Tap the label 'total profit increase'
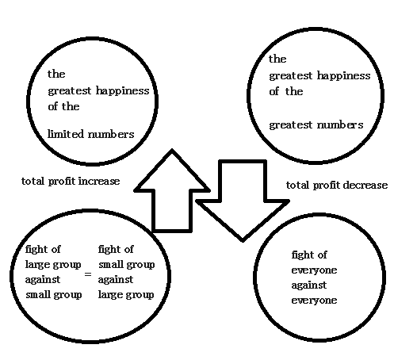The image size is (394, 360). click(x=71, y=182)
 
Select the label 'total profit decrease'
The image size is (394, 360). click(x=337, y=185)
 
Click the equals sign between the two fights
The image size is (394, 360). click(x=88, y=274)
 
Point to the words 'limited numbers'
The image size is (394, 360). click(x=90, y=134)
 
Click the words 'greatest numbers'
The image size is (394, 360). click(x=316, y=125)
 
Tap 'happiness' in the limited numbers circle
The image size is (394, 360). click(x=122, y=90)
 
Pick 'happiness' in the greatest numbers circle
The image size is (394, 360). click(x=343, y=76)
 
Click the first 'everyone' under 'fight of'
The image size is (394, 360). click(x=314, y=270)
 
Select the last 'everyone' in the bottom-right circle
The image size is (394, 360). click(x=314, y=301)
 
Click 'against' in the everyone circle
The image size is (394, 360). click(x=309, y=285)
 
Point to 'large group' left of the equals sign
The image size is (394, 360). click(x=53, y=265)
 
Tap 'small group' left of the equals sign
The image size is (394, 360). click(x=54, y=295)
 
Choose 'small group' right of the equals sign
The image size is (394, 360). click(x=127, y=265)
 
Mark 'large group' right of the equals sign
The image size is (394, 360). click(x=126, y=295)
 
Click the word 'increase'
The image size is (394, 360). click(x=99, y=182)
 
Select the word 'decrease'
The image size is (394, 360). click(x=365, y=185)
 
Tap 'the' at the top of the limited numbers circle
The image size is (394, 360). click(x=56, y=74)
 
